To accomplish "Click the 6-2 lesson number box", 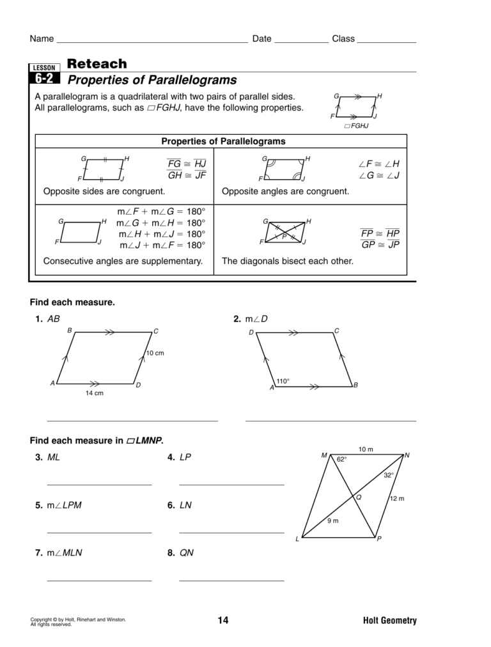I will [x=44, y=79].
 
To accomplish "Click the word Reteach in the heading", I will [x=97, y=64].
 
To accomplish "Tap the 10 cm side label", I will [x=155, y=353].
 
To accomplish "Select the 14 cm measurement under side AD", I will [x=95, y=393].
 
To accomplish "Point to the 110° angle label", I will [x=283, y=382].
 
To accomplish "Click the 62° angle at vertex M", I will [x=342, y=459].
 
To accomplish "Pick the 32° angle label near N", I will [x=389, y=475].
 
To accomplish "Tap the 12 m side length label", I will [x=397, y=499].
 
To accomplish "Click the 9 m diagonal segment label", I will [x=332, y=521].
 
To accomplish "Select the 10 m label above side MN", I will [x=366, y=449].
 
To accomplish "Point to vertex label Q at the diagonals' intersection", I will [x=358, y=497].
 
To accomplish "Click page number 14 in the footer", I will [x=222, y=620].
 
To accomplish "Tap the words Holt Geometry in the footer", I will [x=389, y=620].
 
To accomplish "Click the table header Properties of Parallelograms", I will [x=223, y=141].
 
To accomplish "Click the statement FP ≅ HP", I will [x=380, y=233].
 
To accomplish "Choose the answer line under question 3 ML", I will [x=99, y=485].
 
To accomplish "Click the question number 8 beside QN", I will [x=171, y=553].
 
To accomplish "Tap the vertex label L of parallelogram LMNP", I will [x=297, y=540].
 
